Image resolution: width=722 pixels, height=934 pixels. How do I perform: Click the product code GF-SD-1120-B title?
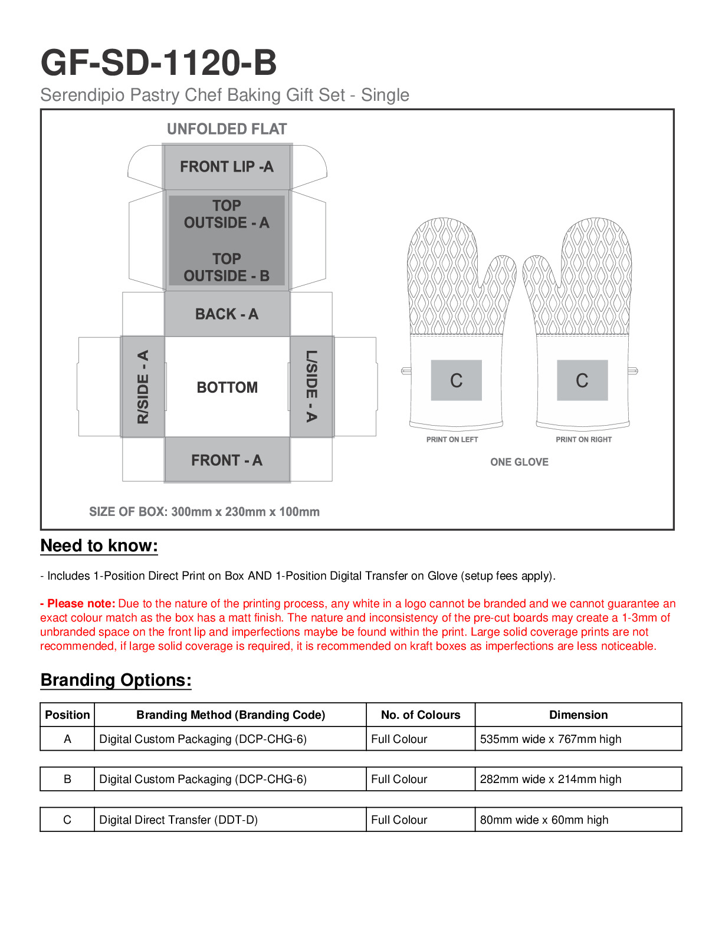tap(158, 63)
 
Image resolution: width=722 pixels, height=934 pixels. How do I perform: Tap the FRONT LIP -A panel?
tap(227, 167)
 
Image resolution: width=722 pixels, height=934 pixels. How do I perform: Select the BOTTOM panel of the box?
tap(227, 387)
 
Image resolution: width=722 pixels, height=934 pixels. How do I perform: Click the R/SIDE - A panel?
tap(143, 387)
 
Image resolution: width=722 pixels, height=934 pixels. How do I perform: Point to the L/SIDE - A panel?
tap(311, 386)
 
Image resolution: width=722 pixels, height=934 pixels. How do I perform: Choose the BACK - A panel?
tap(227, 314)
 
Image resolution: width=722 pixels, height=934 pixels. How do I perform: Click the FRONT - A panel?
tap(227, 460)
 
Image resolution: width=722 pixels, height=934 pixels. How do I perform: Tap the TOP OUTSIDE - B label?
tap(227, 268)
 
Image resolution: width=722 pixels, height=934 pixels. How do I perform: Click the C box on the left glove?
tap(456, 380)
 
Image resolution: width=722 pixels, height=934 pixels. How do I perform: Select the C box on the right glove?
tap(582, 380)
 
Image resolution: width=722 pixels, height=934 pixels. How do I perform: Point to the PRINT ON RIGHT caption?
tap(583, 439)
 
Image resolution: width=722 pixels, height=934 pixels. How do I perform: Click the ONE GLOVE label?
tap(519, 462)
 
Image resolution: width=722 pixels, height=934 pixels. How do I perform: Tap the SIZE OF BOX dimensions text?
tap(204, 512)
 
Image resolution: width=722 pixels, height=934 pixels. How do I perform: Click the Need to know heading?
tap(99, 546)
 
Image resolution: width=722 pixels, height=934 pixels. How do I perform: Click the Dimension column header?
tap(578, 715)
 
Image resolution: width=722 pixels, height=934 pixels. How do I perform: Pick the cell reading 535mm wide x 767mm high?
tap(550, 739)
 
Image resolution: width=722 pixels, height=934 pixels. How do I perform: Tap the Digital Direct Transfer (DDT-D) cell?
tap(178, 820)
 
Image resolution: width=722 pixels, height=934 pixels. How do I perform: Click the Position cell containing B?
tap(67, 779)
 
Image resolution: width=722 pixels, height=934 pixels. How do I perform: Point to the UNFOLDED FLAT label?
tap(227, 129)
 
